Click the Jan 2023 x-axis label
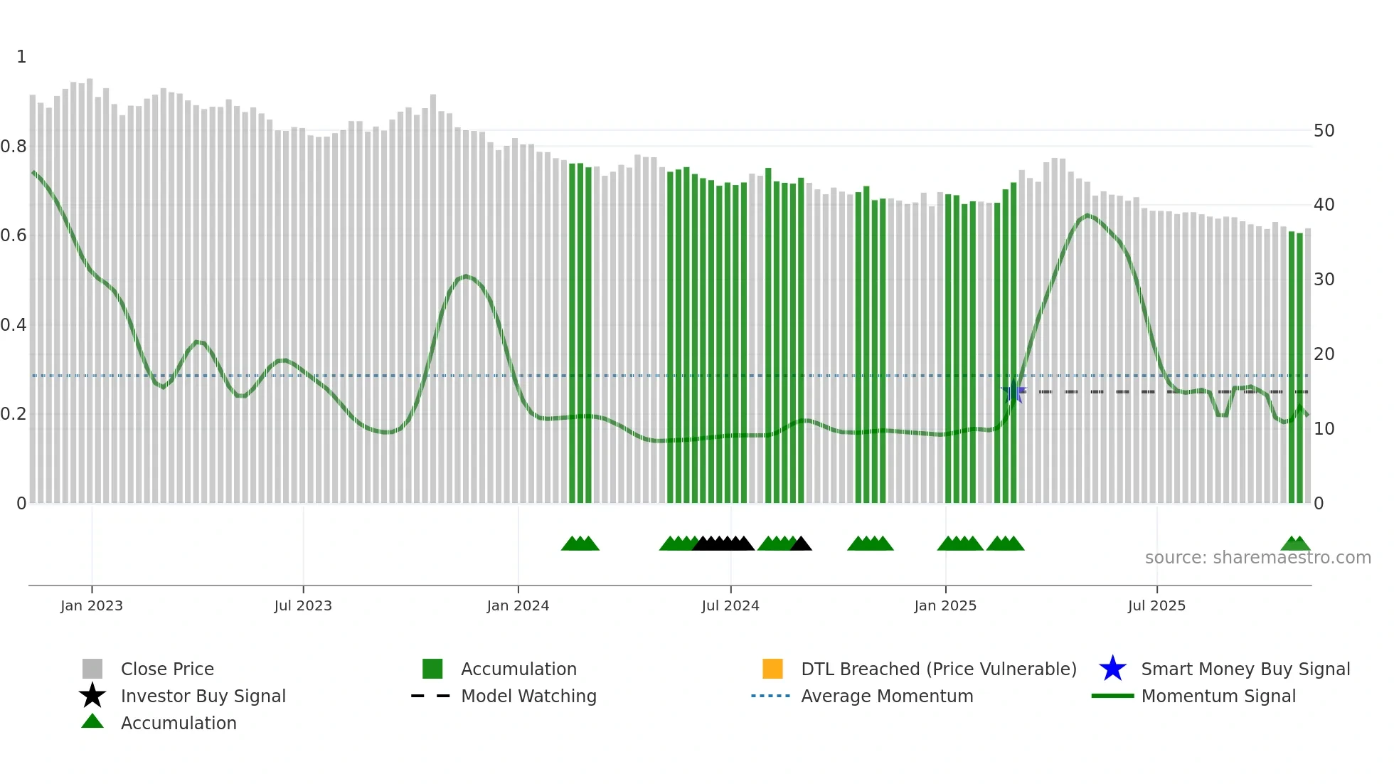point(91,606)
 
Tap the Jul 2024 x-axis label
point(730,606)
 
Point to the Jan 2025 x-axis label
point(945,606)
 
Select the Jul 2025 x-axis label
point(1156,606)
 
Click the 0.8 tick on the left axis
point(14,147)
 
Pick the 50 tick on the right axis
point(1324,131)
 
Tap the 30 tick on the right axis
point(1324,280)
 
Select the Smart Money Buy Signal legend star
point(1112,669)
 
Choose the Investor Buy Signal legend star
point(92,696)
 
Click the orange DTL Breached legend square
point(772,669)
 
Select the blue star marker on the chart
point(1013,391)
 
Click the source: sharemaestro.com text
point(1257,558)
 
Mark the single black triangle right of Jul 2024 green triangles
point(801,544)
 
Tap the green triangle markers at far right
point(1295,544)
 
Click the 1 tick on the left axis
point(21,57)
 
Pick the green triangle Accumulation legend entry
point(92,722)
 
